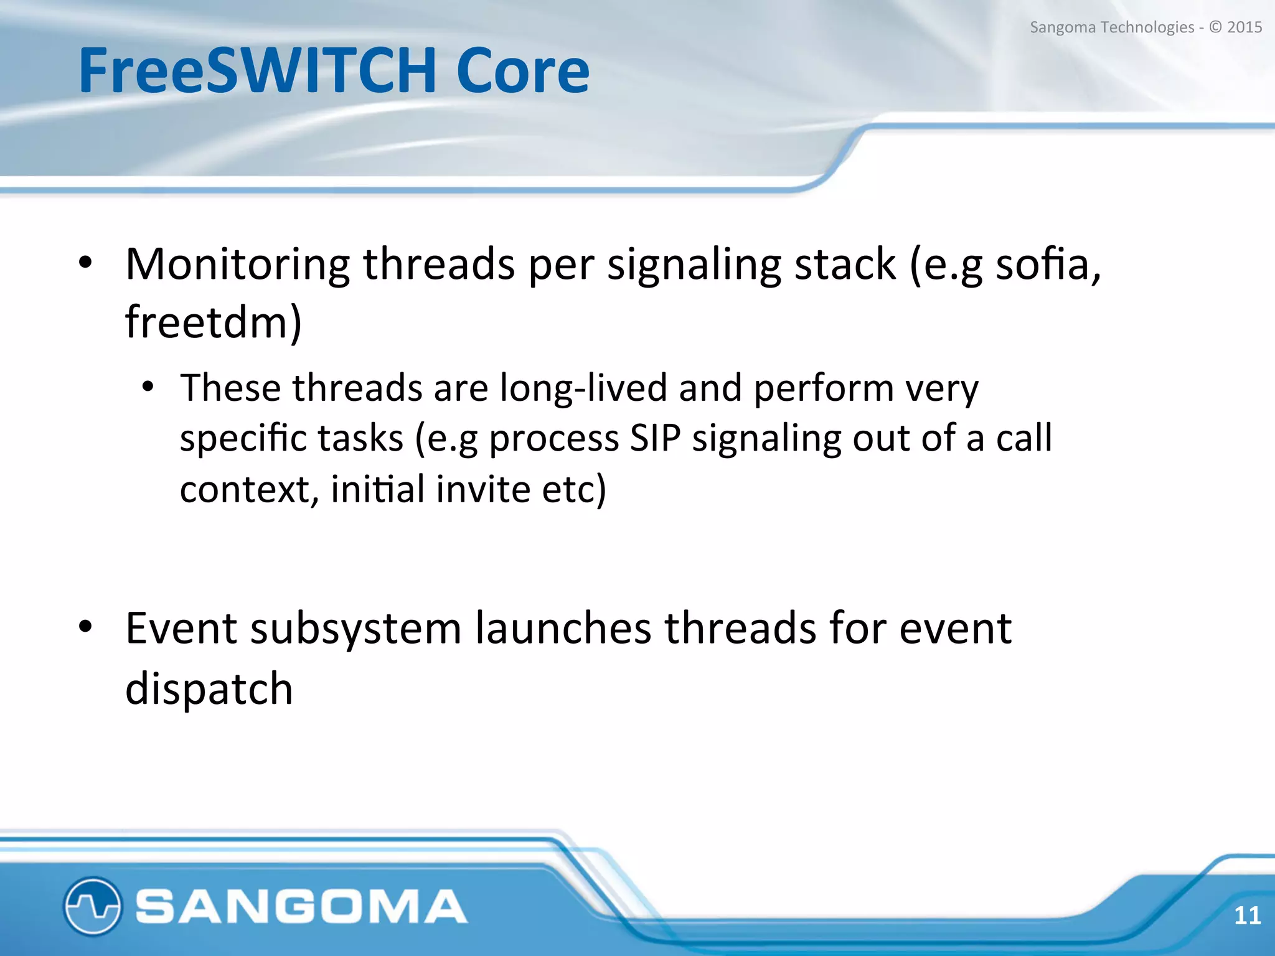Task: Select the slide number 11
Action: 1247,916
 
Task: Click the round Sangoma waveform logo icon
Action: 92,906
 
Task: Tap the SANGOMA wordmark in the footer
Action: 301,906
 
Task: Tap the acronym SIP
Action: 655,438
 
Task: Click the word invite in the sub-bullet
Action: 482,489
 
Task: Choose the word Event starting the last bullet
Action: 181,629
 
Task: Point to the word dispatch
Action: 209,690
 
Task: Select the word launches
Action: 563,629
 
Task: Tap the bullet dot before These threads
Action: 148,387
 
